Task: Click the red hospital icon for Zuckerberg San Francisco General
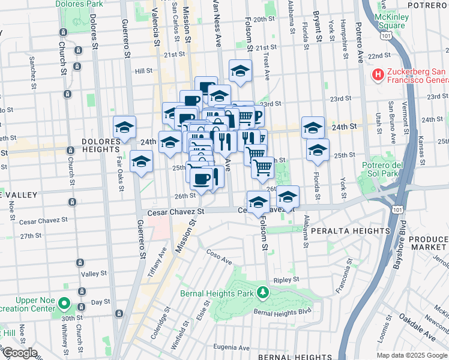pos(378,75)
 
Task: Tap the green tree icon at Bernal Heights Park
pos(262,293)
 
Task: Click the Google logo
pos(19,353)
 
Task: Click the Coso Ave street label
pos(218,257)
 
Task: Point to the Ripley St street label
pos(286,280)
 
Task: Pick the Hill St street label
pos(143,71)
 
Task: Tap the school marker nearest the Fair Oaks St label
pos(141,163)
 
